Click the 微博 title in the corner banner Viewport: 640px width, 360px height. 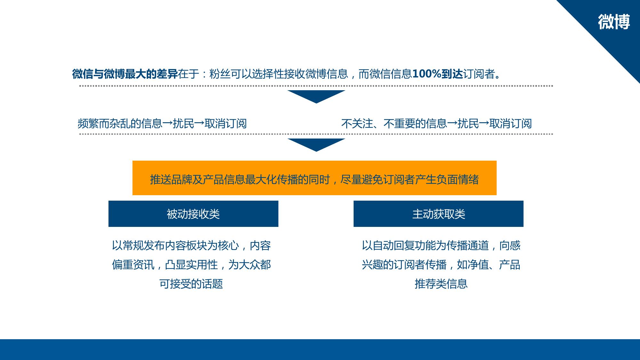tap(614, 22)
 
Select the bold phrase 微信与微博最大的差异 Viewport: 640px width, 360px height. tap(125, 74)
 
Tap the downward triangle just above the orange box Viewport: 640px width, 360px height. tap(316, 144)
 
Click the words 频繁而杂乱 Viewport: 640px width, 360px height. tap(104, 124)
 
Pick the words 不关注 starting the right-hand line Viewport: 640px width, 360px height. tap(357, 124)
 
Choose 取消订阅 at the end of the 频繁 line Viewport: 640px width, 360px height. tap(226, 124)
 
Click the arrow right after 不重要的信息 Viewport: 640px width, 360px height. tap(452, 124)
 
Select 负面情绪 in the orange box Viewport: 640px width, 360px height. tap(458, 180)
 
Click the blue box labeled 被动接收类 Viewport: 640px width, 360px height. tap(193, 214)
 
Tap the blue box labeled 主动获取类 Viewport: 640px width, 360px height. tap(438, 214)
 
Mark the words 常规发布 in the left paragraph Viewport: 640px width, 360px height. tap(144, 245)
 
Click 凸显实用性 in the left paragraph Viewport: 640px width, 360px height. tap(191, 265)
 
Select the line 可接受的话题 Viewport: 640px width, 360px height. tap(191, 284)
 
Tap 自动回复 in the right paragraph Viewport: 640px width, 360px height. tap(394, 245)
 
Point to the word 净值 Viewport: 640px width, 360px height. tap(478, 265)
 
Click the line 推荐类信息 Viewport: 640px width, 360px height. tap(441, 284)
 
